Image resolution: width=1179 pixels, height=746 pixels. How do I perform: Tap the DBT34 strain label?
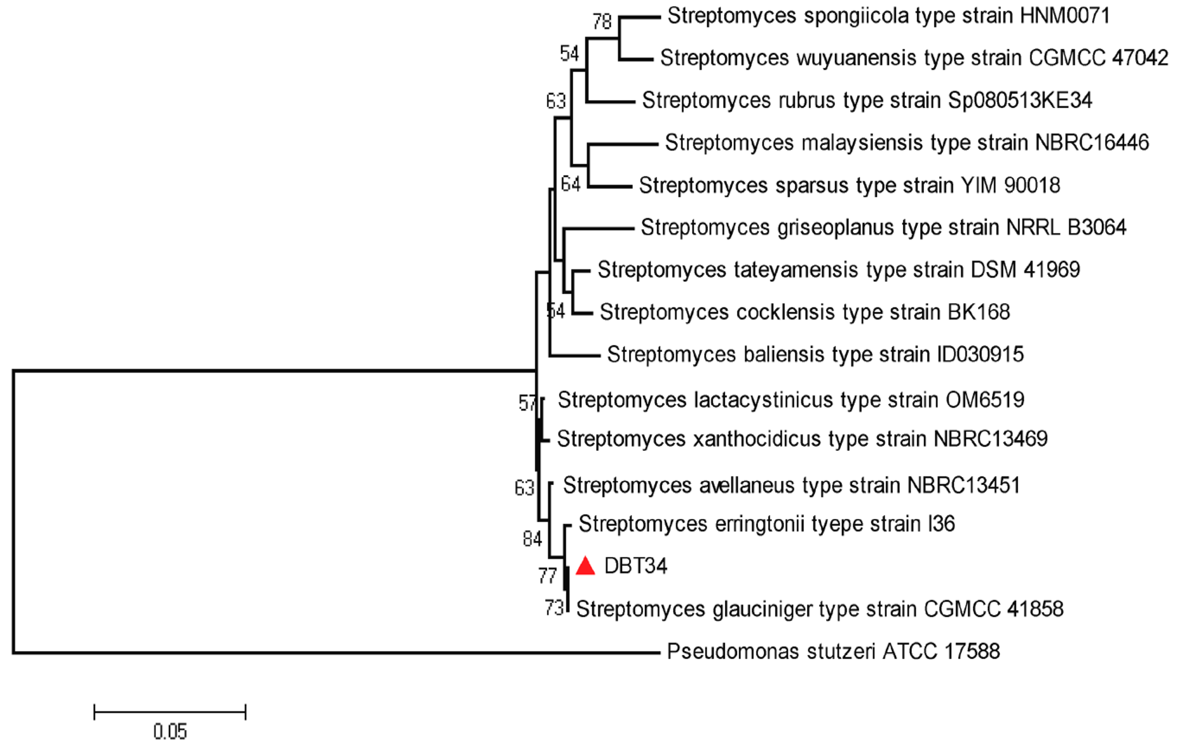click(x=635, y=566)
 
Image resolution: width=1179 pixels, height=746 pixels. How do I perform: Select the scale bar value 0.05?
click(x=170, y=732)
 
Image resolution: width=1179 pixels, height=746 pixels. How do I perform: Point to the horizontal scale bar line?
click(x=170, y=712)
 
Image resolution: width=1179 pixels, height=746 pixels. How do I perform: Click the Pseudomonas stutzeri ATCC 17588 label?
click(x=833, y=652)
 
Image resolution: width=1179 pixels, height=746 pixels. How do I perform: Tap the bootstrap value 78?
click(x=602, y=21)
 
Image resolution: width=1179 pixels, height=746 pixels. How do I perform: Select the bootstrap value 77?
click(x=547, y=576)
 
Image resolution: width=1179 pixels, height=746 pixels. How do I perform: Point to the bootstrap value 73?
click(x=554, y=608)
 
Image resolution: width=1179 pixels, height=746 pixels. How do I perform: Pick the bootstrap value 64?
click(x=570, y=184)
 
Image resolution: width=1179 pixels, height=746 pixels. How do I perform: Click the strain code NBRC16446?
click(x=1092, y=143)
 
